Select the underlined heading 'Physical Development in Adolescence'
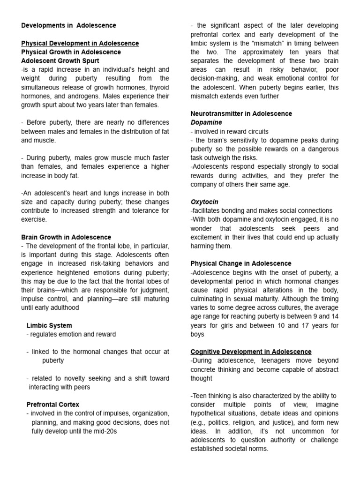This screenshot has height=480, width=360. [80, 43]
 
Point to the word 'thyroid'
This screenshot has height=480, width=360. [158, 87]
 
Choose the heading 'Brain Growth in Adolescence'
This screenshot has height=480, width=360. [66, 237]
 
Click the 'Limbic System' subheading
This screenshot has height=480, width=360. [49, 325]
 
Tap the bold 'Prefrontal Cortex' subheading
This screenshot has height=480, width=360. [53, 405]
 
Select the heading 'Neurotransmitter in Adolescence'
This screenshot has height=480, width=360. [241, 113]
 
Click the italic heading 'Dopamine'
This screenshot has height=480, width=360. [206, 122]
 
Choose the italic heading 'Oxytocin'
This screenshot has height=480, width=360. [204, 202]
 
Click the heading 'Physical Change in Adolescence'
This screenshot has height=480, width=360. [241, 263]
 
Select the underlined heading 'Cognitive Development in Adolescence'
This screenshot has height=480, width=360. [251, 352]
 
